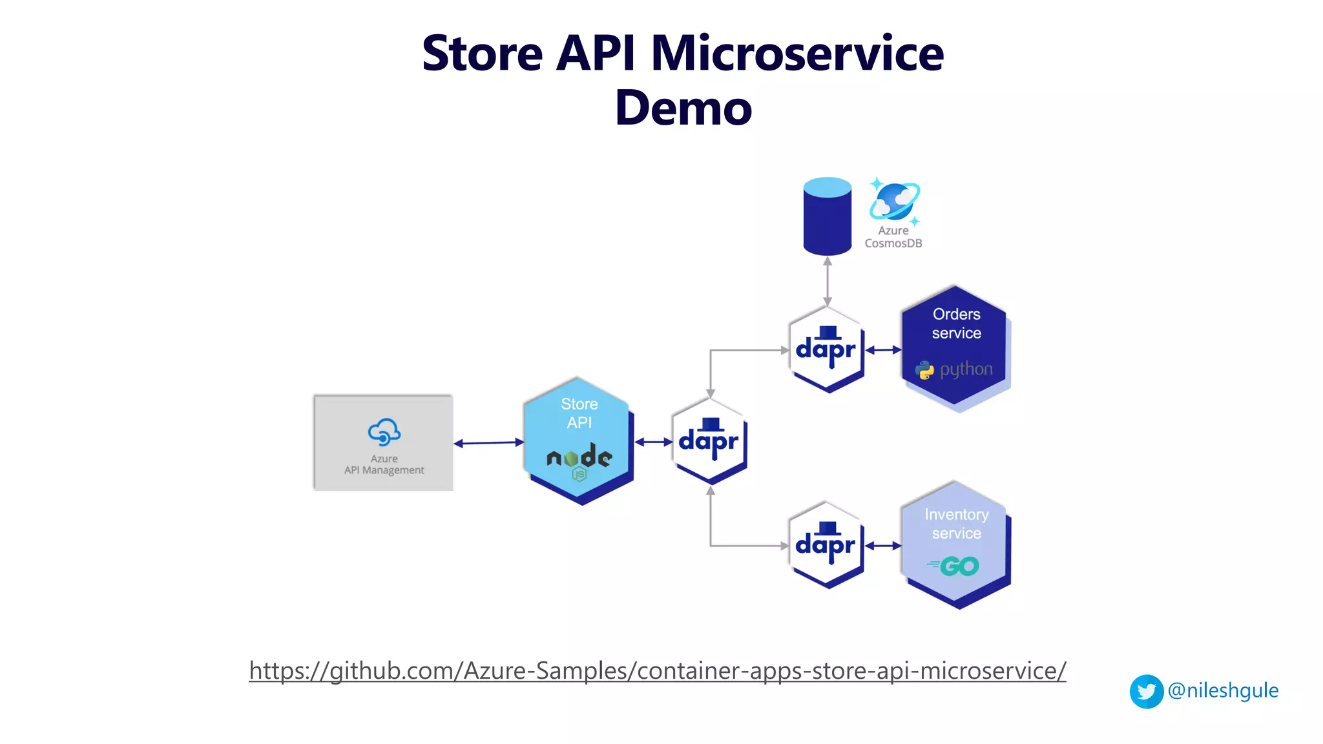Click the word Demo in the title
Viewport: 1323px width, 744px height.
tap(683, 108)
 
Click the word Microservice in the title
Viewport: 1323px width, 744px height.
tap(797, 53)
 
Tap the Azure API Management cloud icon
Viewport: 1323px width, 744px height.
tap(384, 432)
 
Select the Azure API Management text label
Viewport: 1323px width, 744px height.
tap(384, 464)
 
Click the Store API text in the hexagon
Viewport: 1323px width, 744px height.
tap(579, 413)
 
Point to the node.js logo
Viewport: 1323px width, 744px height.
tap(579, 460)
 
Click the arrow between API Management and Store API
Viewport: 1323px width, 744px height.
tap(489, 443)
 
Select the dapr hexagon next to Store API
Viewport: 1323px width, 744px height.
tap(709, 441)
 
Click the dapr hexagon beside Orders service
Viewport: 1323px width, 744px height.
tap(826, 350)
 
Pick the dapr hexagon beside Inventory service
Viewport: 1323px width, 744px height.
tap(826, 545)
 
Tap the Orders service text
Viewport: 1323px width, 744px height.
tap(956, 324)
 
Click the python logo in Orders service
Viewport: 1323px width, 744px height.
tap(954, 370)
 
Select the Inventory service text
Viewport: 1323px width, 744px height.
tap(956, 524)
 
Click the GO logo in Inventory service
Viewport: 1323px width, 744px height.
tap(954, 566)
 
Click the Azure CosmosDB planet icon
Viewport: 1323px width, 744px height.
tap(895, 201)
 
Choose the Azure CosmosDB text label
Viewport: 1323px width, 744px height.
tap(893, 237)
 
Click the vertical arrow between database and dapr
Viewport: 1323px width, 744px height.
tap(828, 282)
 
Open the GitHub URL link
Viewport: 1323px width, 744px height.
tap(657, 670)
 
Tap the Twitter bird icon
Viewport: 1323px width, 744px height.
tap(1147, 691)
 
